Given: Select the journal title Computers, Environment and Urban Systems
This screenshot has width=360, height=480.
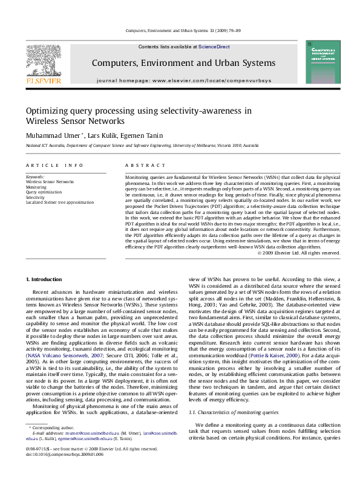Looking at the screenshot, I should [183, 63].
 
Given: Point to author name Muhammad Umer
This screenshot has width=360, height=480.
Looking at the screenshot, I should [46, 135].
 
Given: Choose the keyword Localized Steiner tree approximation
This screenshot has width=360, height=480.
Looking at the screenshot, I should [59, 203].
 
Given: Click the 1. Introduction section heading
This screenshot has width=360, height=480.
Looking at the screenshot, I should [46, 279].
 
